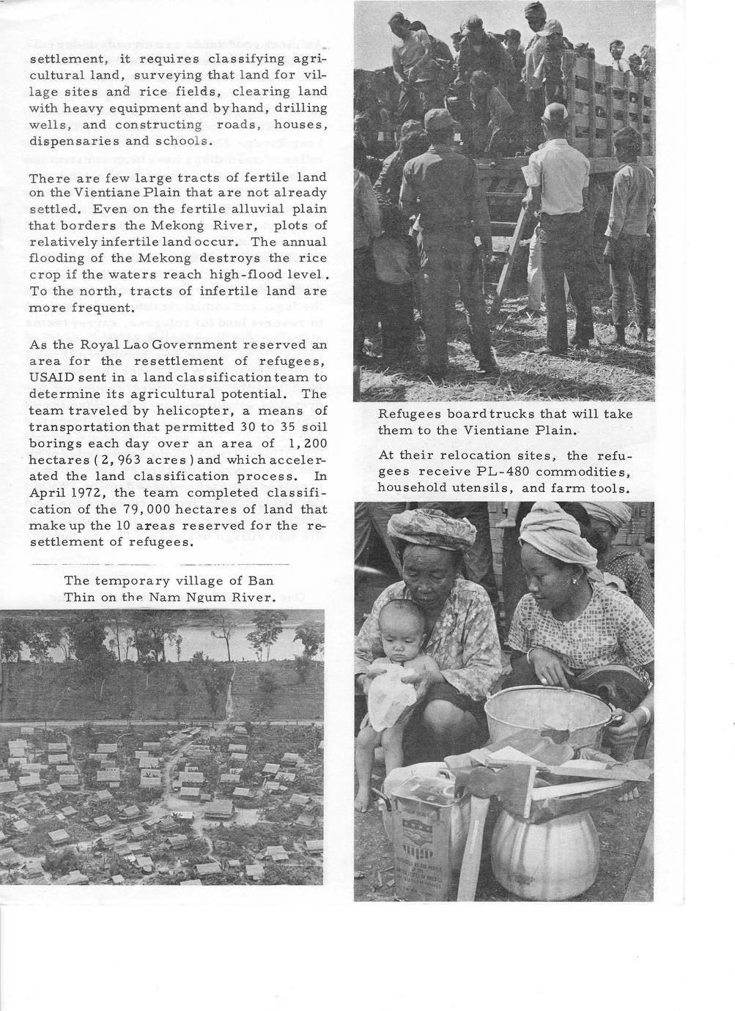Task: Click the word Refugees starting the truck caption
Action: tap(409, 414)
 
